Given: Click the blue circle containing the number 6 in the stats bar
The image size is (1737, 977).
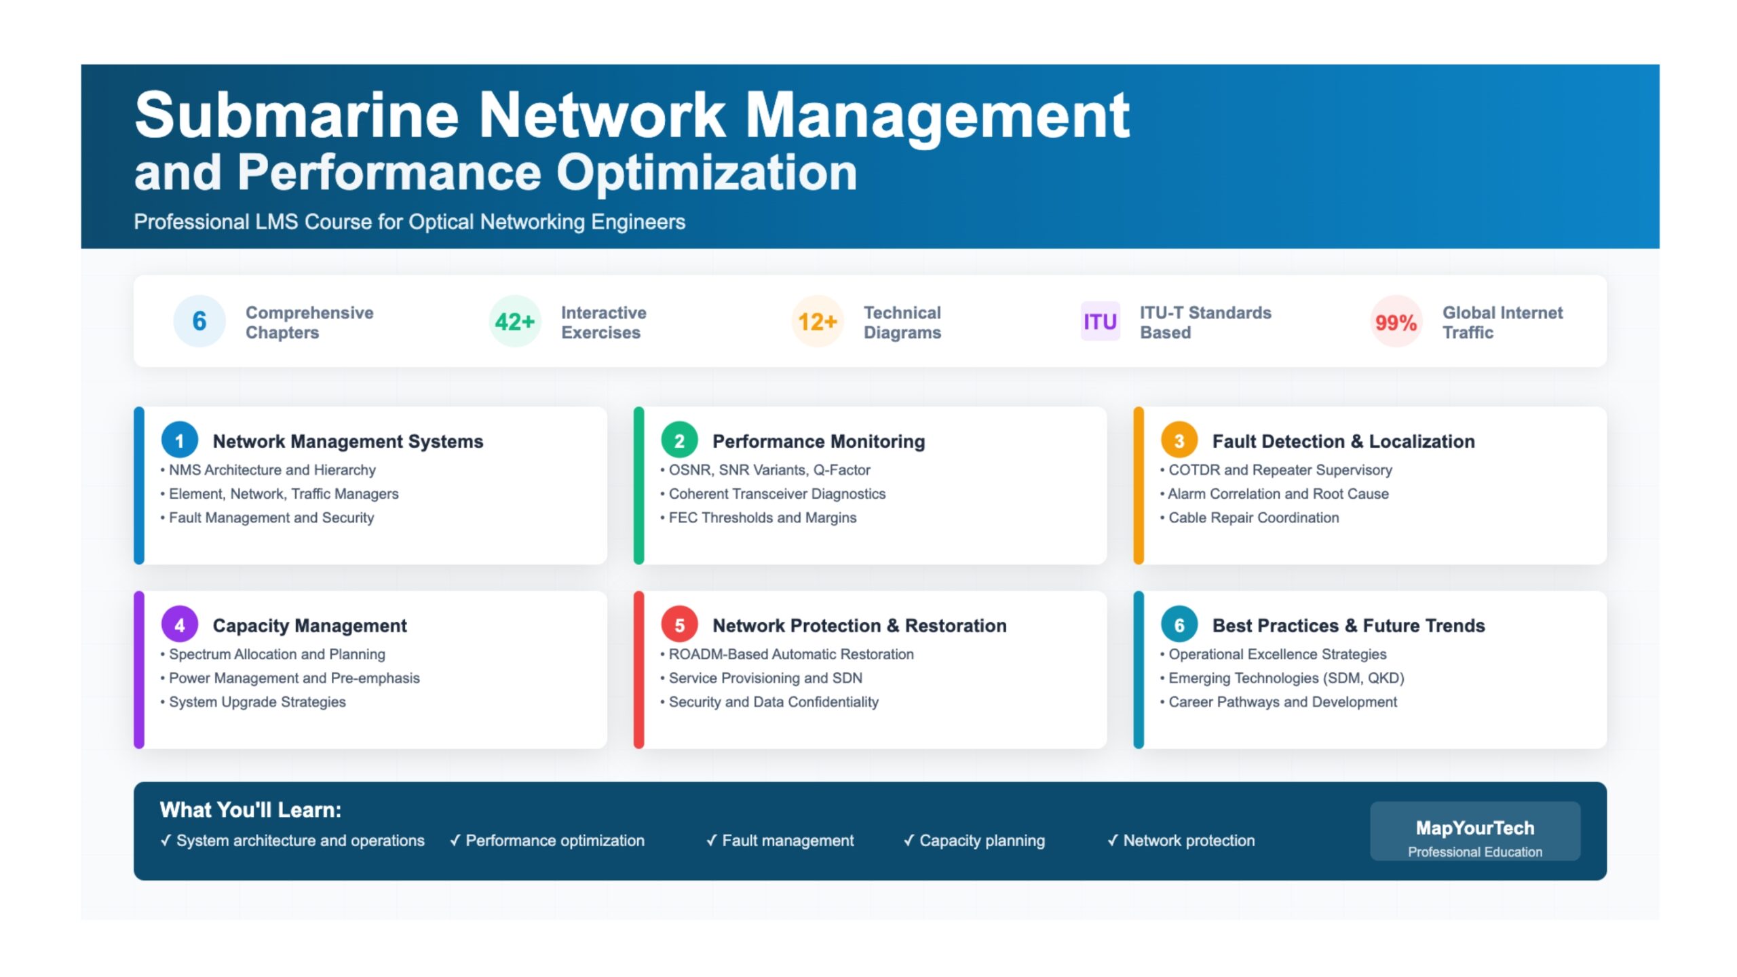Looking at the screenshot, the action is [x=199, y=321].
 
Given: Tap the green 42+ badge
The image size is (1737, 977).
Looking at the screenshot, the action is [x=515, y=321].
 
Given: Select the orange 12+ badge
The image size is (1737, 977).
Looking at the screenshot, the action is [x=818, y=321].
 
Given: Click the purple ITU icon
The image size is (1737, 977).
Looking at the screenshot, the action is [x=1100, y=321].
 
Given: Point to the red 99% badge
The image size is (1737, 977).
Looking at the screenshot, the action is [x=1396, y=321].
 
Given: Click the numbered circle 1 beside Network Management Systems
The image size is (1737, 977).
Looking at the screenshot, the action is [x=180, y=440].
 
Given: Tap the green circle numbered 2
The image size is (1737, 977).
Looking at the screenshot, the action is [x=679, y=440].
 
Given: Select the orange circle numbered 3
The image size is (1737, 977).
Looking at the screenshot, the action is [x=1179, y=440].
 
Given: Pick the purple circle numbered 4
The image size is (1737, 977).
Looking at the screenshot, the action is [x=180, y=624].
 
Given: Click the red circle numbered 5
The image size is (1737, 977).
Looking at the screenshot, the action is [x=679, y=624].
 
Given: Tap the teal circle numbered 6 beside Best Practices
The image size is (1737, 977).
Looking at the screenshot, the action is [x=1179, y=624].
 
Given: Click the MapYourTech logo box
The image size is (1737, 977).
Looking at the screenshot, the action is [x=1475, y=831].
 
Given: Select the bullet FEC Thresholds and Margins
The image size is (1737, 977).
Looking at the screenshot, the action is [x=759, y=518].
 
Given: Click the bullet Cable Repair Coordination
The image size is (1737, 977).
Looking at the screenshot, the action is [x=1250, y=518].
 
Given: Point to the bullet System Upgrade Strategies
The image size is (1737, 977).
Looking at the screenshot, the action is [x=253, y=702].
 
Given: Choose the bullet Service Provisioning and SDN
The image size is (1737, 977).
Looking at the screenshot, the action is [x=761, y=678].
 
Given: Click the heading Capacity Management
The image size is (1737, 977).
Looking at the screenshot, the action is [x=309, y=626].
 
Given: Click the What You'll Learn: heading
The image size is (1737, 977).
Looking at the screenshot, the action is [x=250, y=809].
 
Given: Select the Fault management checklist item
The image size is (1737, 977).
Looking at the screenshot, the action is [x=780, y=841].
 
